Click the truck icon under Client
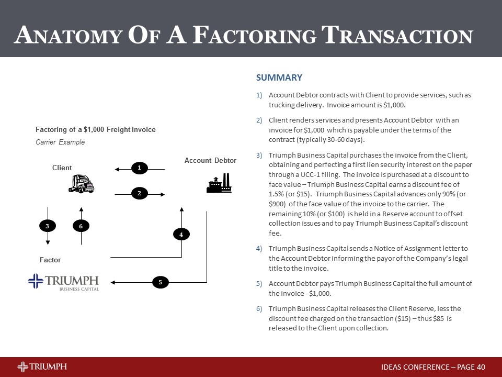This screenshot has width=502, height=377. pyautogui.click(x=81, y=184)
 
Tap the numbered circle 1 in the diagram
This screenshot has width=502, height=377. pyautogui.click(x=140, y=168)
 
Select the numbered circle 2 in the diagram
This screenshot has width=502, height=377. pyautogui.click(x=140, y=194)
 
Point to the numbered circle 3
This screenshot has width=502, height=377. pyautogui.click(x=48, y=226)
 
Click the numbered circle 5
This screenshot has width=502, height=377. pyautogui.click(x=161, y=283)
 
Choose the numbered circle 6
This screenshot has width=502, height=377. pyautogui.click(x=81, y=226)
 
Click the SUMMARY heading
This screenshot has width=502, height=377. pyautogui.click(x=279, y=78)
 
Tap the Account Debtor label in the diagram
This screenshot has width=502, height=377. pyautogui.click(x=210, y=160)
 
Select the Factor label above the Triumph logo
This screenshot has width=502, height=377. pyautogui.click(x=50, y=260)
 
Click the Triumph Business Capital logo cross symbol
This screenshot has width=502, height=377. pyautogui.click(x=36, y=281)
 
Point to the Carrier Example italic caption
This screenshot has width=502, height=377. pyautogui.click(x=60, y=142)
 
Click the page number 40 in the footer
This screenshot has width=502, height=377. pyautogui.click(x=481, y=367)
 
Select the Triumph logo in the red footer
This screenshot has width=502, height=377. pyautogui.click(x=42, y=367)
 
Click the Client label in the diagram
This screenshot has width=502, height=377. pyautogui.click(x=62, y=168)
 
